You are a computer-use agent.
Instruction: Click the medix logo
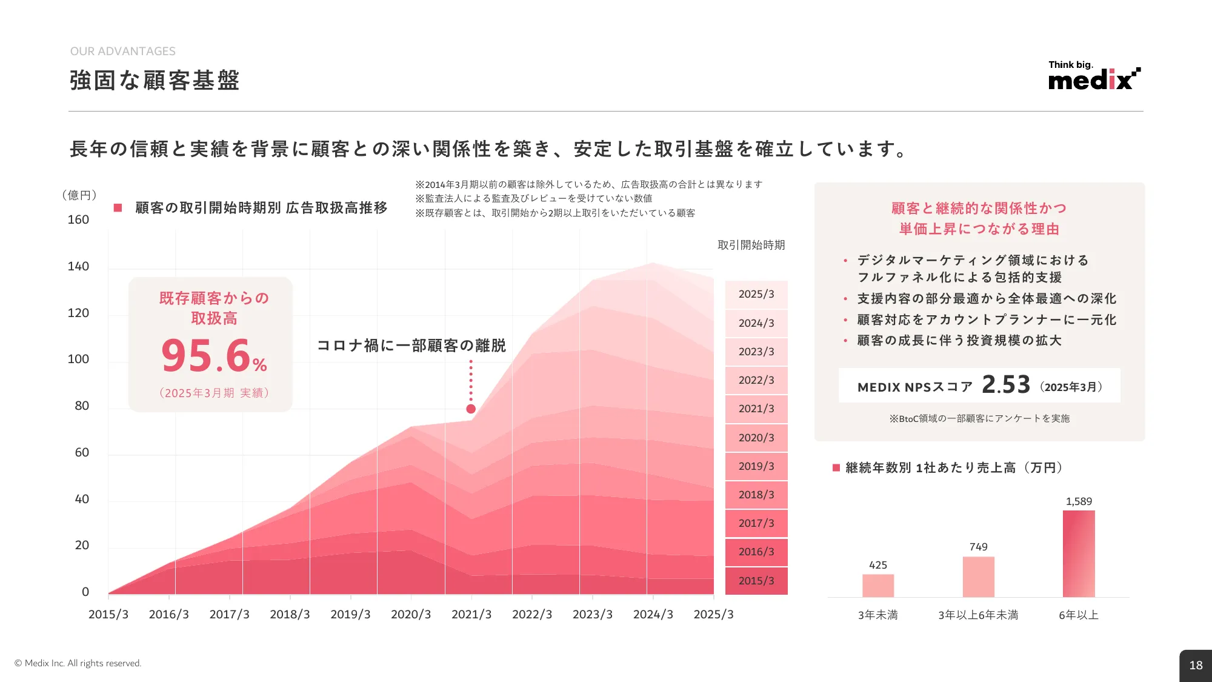1093,77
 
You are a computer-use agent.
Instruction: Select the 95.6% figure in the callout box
214,356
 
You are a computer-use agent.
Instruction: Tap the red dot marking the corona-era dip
471,409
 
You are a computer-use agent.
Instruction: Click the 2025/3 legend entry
756,294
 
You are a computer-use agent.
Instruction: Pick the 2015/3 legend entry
756,581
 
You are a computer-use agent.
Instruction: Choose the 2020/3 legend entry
756,438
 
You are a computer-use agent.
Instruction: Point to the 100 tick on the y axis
78,359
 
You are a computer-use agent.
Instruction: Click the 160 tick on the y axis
78,219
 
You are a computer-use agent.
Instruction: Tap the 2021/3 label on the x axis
471,614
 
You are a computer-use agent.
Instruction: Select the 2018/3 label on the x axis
290,614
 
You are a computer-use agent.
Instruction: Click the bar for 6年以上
1079,553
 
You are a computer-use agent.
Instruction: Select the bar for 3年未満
878,585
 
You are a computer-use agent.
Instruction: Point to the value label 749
978,547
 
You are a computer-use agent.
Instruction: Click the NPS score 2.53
1006,384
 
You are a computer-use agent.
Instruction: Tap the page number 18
1196,665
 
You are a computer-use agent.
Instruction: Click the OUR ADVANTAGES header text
123,52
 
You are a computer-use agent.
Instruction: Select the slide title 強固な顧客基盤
155,80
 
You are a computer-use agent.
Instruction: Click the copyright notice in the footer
78,663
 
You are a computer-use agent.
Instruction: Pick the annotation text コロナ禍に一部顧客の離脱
411,346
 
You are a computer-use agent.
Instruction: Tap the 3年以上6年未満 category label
978,615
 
